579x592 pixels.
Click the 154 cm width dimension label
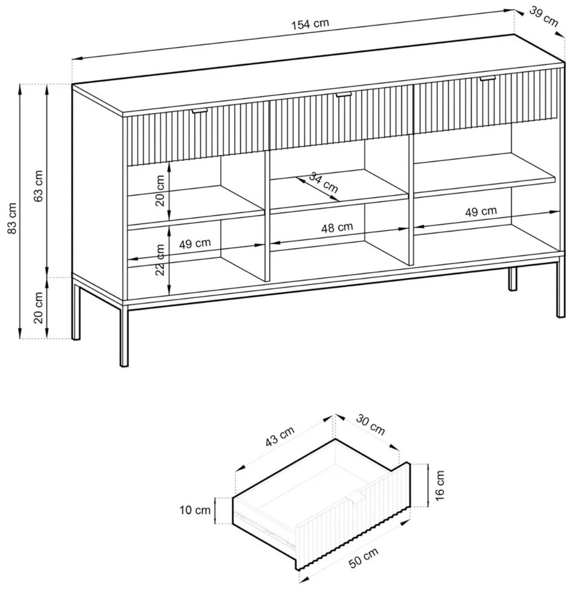[x=310, y=24]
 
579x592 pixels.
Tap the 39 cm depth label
[x=543, y=17]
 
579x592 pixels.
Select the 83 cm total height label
[x=12, y=218]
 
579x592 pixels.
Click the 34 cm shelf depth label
[x=323, y=182]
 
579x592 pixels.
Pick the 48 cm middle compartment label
[x=337, y=228]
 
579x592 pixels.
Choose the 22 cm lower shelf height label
[x=160, y=259]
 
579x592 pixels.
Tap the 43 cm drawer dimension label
[x=280, y=436]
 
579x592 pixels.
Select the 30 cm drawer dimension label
[x=371, y=425]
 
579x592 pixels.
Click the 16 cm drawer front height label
[x=440, y=486]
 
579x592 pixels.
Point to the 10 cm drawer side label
[x=195, y=510]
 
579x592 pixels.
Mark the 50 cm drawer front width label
[x=364, y=558]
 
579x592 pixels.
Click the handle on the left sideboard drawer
[x=199, y=111]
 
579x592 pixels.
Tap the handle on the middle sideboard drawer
[x=343, y=94]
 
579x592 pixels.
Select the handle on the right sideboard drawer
[x=487, y=78]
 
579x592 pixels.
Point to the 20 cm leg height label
[x=39, y=308]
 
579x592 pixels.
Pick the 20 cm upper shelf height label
[x=160, y=190]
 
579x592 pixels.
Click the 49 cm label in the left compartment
[x=195, y=244]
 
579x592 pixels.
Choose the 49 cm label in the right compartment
[x=481, y=211]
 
